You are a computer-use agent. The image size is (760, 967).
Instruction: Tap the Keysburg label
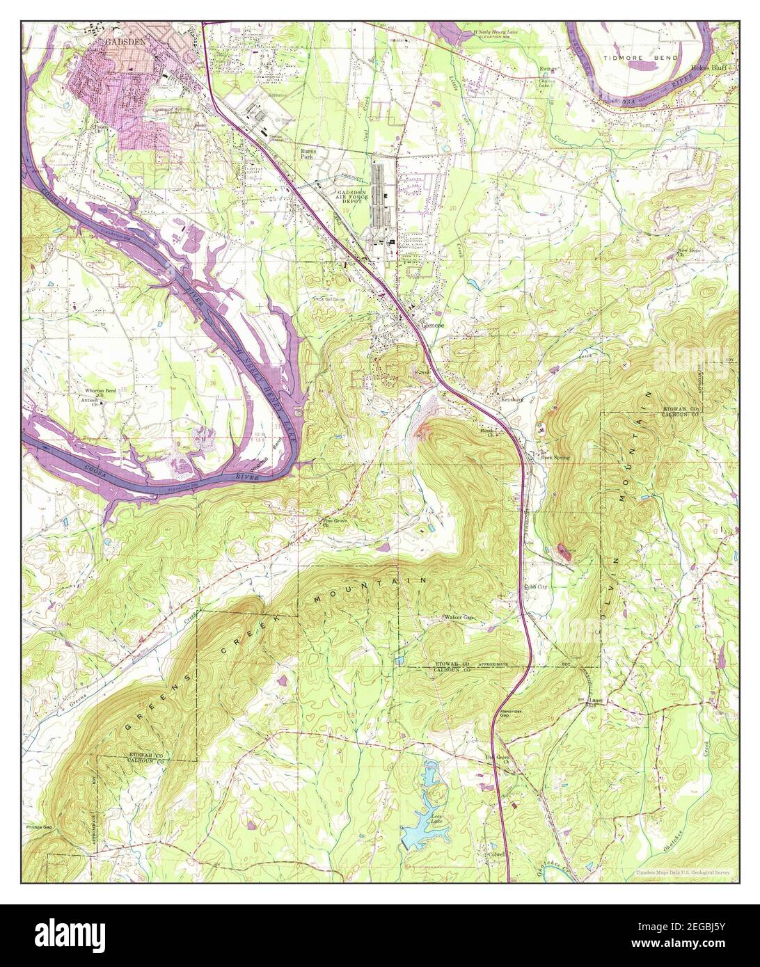[512, 399]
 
